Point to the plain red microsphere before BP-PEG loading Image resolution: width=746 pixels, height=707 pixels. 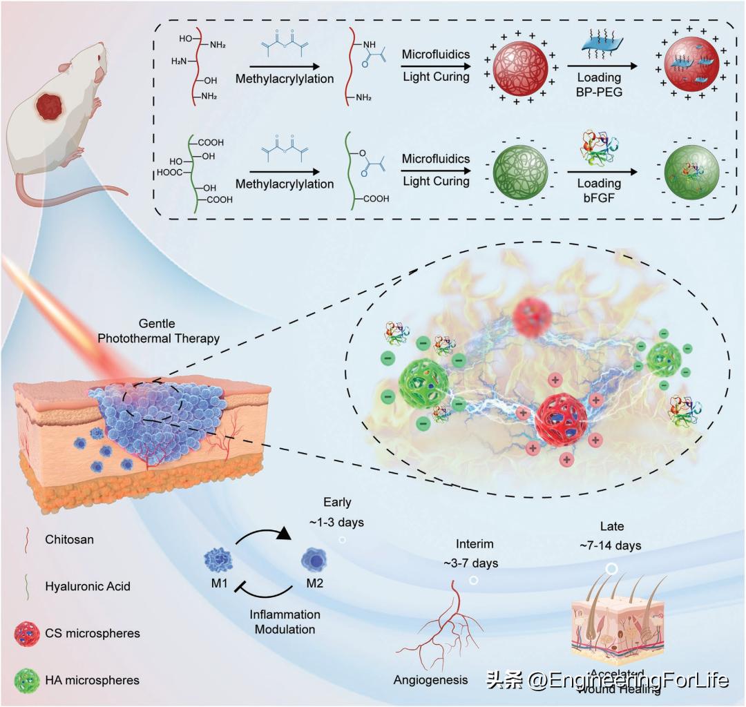(x=518, y=70)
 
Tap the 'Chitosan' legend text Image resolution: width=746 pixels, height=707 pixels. (x=69, y=539)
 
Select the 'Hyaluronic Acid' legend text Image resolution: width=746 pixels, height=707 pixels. (x=88, y=586)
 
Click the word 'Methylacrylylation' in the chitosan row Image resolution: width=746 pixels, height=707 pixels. (x=285, y=79)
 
